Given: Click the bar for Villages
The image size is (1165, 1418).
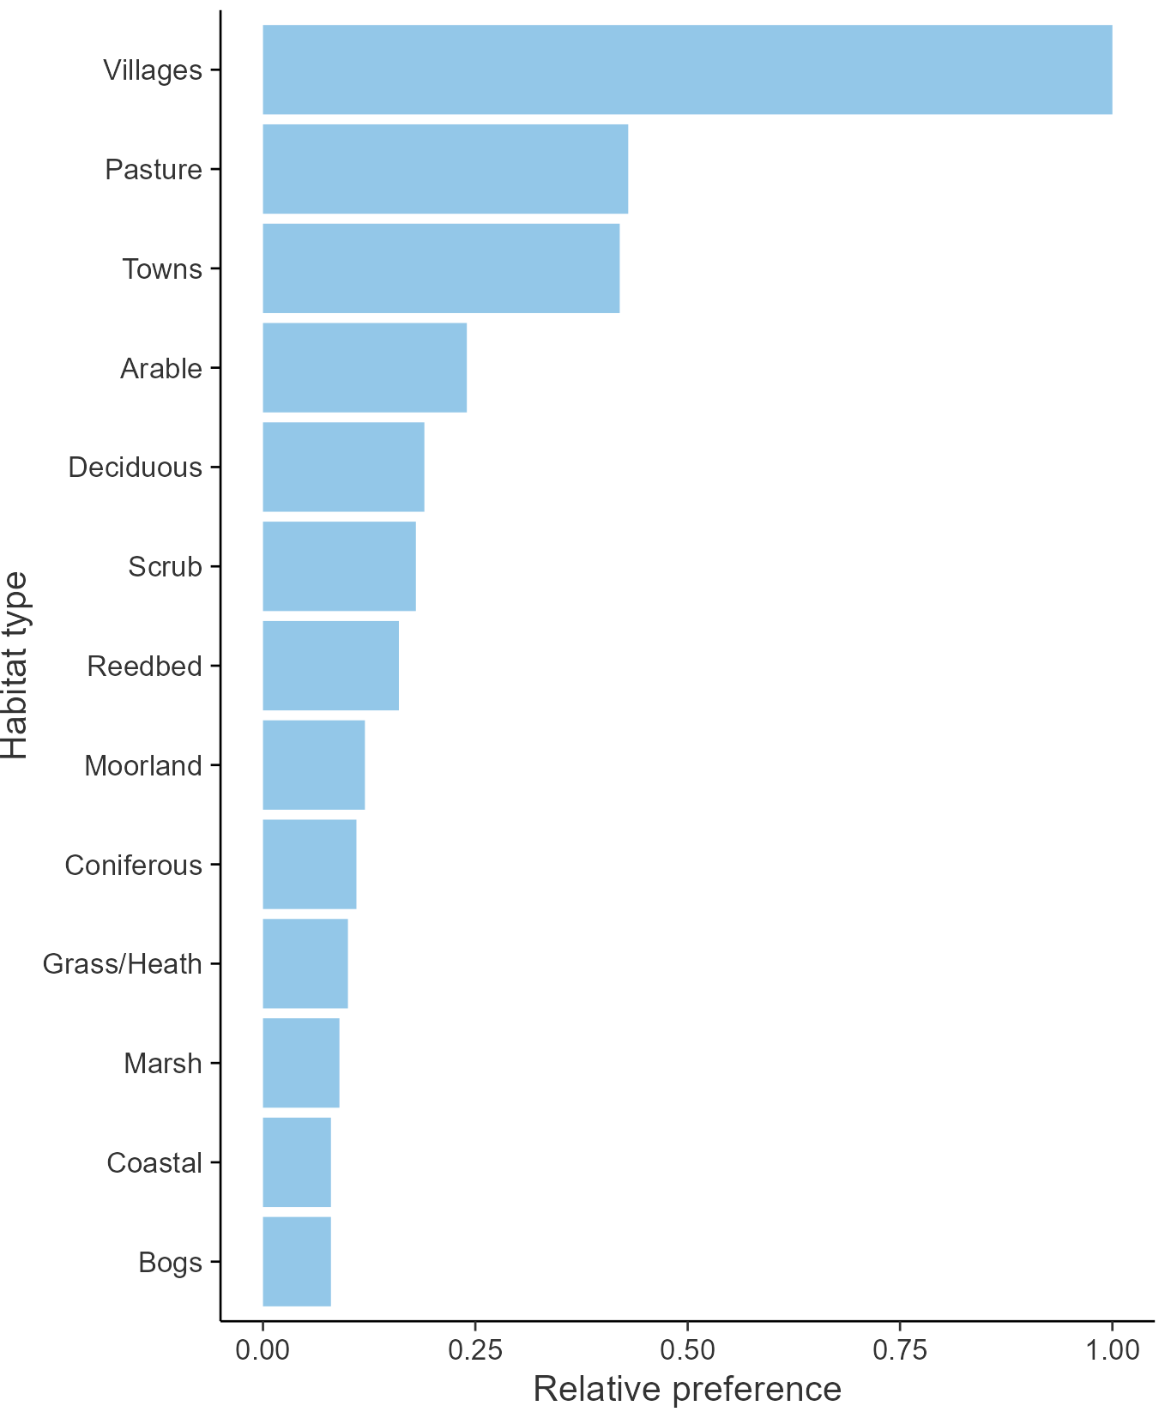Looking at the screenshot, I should (686, 69).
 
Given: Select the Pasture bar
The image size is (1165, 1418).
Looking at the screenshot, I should (445, 169).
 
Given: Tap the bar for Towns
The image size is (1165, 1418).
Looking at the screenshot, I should (441, 269).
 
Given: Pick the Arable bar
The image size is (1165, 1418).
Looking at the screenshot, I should (365, 368).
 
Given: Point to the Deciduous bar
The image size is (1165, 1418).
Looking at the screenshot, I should (343, 467).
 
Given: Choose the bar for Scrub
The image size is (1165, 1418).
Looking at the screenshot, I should (339, 566).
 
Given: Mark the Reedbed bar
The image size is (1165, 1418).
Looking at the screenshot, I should (330, 666).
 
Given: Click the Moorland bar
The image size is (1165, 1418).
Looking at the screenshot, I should (313, 765).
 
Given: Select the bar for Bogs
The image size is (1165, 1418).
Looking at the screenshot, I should (296, 1261).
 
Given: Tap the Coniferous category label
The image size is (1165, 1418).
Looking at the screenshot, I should (134, 865).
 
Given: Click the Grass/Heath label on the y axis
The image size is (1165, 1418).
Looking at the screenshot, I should (123, 964).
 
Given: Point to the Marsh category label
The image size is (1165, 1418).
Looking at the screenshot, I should (163, 1064).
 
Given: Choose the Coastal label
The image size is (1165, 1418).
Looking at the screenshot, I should (154, 1163).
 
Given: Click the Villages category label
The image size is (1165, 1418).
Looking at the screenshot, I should (153, 70).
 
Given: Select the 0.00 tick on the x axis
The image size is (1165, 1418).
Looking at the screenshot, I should (263, 1350).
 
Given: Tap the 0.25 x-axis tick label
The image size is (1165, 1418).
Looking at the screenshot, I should (474, 1350).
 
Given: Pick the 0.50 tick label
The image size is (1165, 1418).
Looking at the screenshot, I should (687, 1350).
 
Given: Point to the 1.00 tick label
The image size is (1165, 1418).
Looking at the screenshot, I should (1113, 1350).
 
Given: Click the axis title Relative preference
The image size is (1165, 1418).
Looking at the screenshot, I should (687, 1390).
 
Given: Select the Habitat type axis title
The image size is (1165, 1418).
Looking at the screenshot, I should (15, 666).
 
